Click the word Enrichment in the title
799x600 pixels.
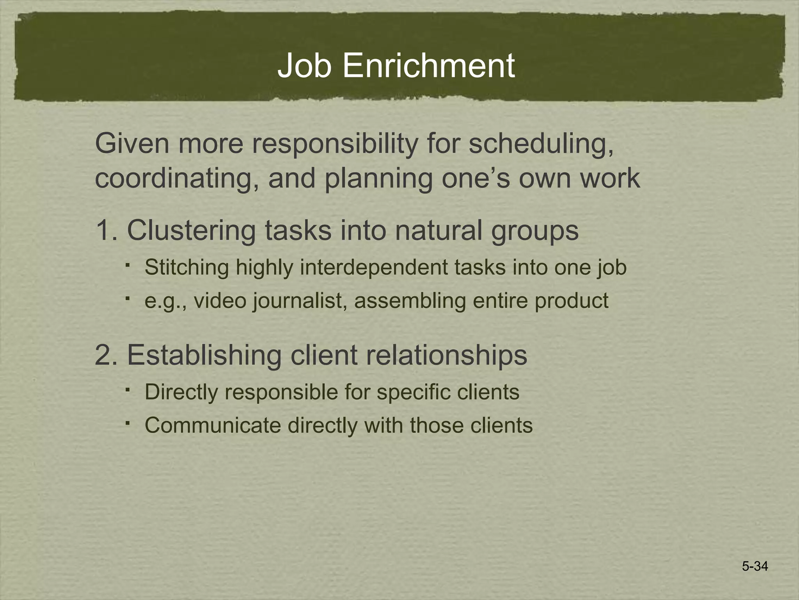point(428,66)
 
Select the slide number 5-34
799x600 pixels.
point(755,566)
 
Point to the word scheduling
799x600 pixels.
point(541,144)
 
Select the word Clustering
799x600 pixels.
point(191,230)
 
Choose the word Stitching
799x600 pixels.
point(186,268)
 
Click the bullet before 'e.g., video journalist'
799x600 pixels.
point(128,298)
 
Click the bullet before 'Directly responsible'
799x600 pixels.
point(128,389)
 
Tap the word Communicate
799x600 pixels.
point(213,425)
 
